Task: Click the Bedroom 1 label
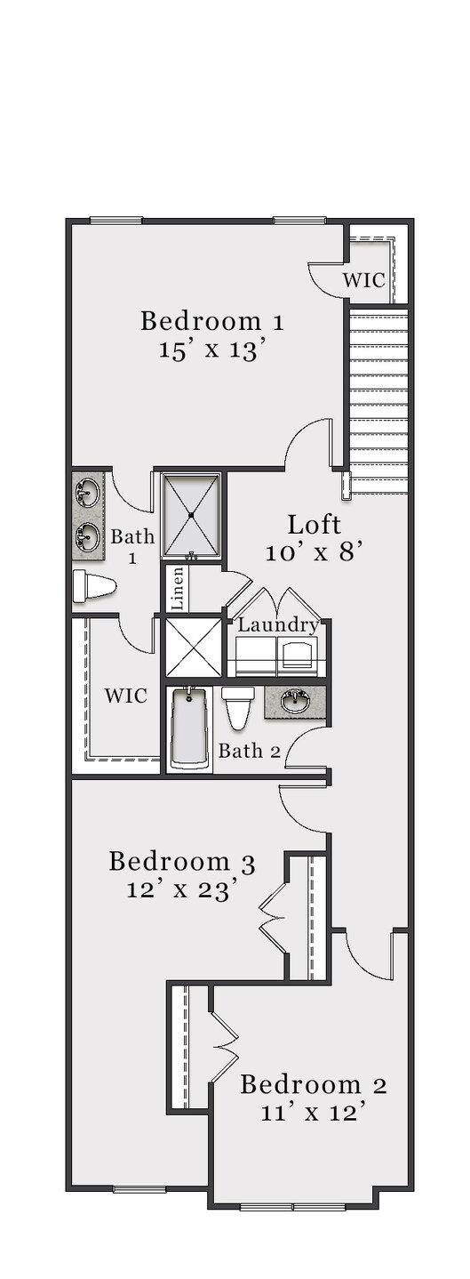tap(212, 321)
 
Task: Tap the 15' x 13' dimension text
tap(212, 350)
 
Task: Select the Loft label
tap(314, 524)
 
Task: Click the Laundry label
tap(278, 624)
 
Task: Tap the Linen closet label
tap(177, 589)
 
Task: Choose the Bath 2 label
tap(250, 751)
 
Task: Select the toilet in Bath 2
tap(238, 707)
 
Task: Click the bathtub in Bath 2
tap(189, 728)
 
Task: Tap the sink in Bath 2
tap(295, 702)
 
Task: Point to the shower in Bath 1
tap(191, 515)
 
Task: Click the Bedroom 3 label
tap(182, 861)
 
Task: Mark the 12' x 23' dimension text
tap(182, 889)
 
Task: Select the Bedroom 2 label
tap(314, 1084)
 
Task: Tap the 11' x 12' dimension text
tap(314, 1112)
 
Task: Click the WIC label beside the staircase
tap(364, 280)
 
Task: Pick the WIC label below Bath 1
tap(125, 696)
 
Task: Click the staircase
tap(378, 400)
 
